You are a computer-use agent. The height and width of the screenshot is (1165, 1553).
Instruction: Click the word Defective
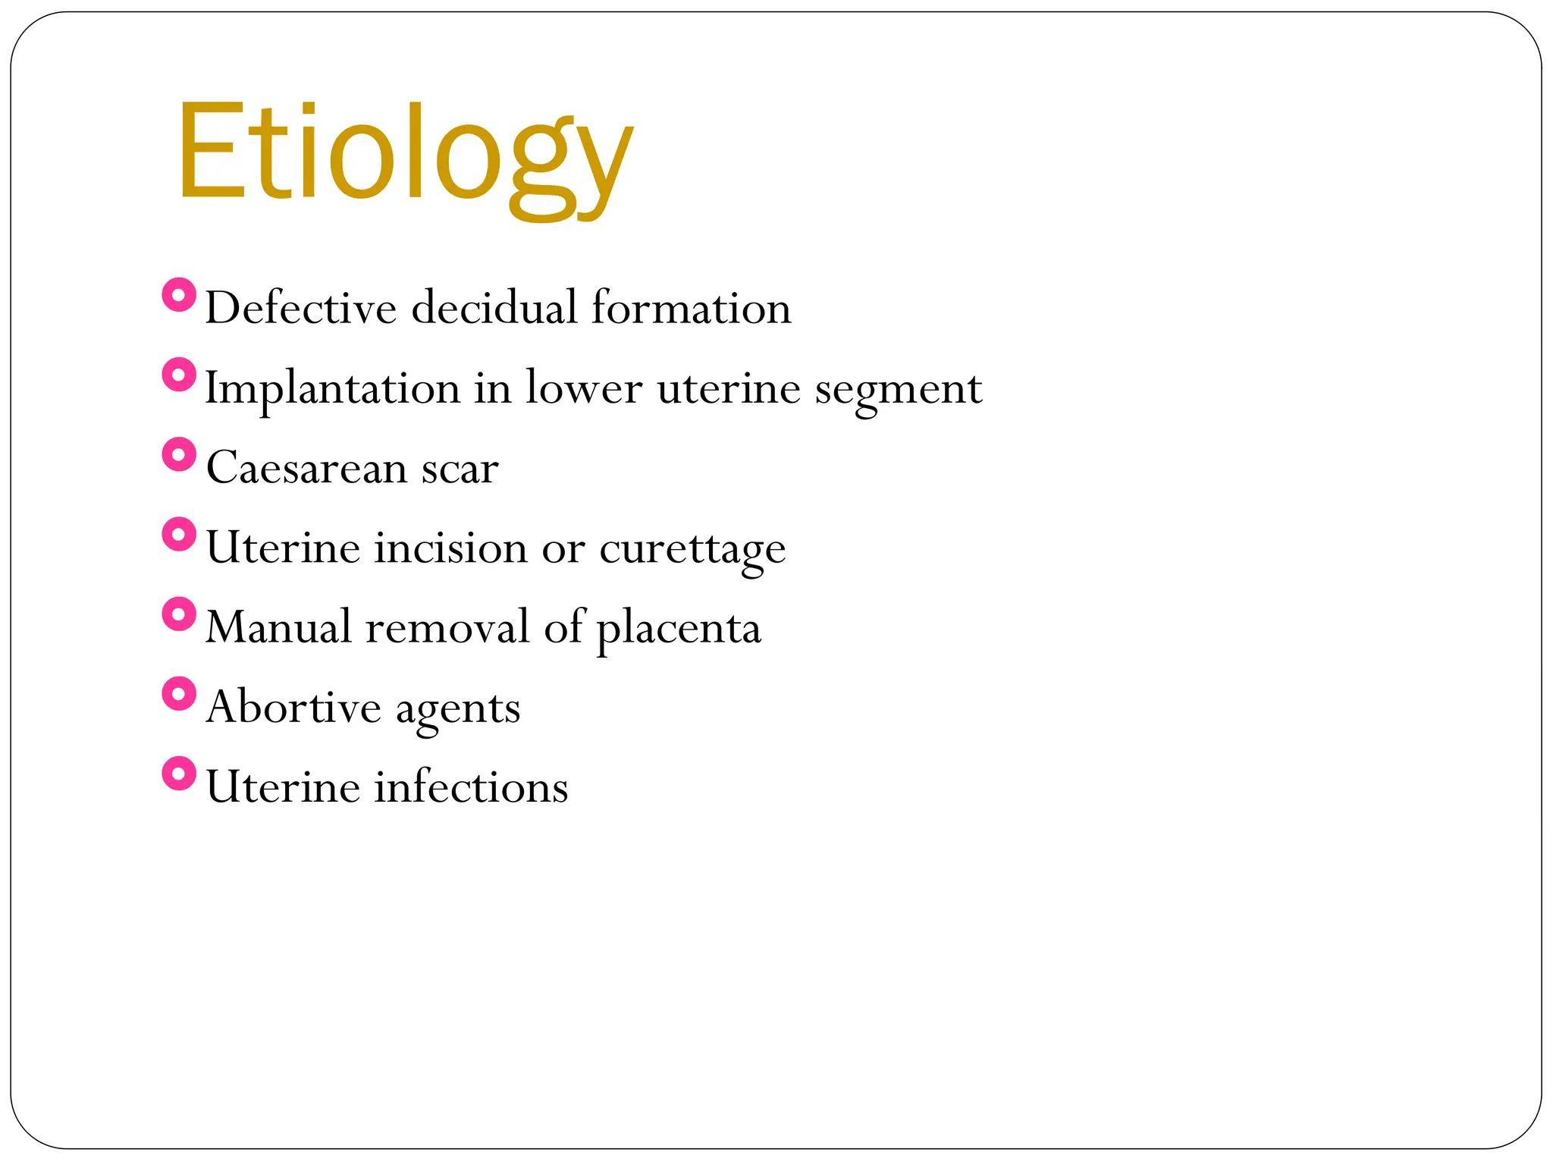click(x=300, y=308)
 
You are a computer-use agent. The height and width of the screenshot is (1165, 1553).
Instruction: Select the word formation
click(x=691, y=308)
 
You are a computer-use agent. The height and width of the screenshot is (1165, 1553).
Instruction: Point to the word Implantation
click(x=332, y=388)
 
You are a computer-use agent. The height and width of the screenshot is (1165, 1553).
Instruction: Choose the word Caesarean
click(x=306, y=468)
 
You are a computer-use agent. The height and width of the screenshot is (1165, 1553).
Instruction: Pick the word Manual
click(x=278, y=627)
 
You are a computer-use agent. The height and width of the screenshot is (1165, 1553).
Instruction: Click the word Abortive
click(x=293, y=707)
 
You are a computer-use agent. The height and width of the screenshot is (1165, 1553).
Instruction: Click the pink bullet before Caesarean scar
click(x=179, y=454)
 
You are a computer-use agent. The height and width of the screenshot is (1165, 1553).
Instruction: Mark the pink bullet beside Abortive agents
click(x=179, y=694)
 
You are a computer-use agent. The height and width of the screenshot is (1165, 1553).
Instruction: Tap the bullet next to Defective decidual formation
click(x=179, y=294)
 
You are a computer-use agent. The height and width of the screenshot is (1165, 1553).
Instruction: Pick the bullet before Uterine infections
click(x=179, y=774)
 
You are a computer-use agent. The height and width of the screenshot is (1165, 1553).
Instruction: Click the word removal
click(x=447, y=627)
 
